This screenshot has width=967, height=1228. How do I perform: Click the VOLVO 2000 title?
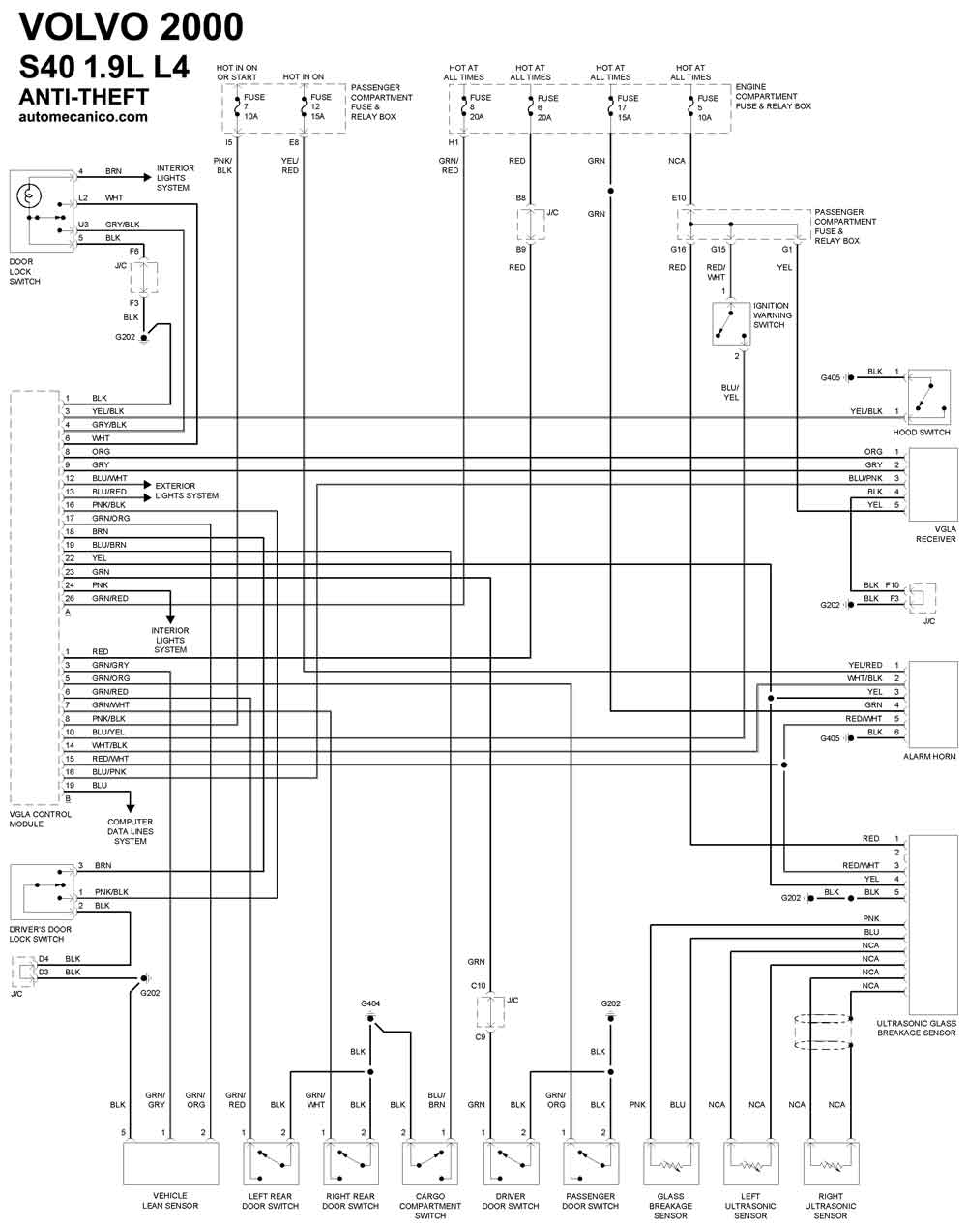pyautogui.click(x=132, y=27)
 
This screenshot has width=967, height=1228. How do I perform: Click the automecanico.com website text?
pyautogui.click(x=83, y=117)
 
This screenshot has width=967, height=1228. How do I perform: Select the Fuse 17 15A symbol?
pyautogui.click(x=610, y=107)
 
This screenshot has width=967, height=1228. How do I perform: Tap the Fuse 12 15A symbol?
pyautogui.click(x=304, y=106)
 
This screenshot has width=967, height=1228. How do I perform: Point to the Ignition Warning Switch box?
pyautogui.click(x=731, y=324)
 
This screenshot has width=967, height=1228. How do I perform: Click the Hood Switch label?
pyautogui.click(x=922, y=432)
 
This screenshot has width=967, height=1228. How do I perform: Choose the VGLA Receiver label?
pyautogui.click(x=936, y=533)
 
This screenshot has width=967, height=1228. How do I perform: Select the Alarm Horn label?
pyautogui.click(x=929, y=756)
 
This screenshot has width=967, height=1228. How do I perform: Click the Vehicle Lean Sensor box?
pyautogui.click(x=170, y=1163)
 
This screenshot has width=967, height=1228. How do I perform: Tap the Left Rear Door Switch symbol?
pyautogui.click(x=271, y=1163)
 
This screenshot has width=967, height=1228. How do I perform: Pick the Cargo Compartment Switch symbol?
pyautogui.click(x=430, y=1163)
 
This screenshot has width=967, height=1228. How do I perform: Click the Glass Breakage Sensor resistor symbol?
pyautogui.click(x=670, y=1165)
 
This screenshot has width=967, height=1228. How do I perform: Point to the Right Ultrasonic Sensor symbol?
pyautogui.click(x=831, y=1163)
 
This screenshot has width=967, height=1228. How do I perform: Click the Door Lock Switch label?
pyautogui.click(x=24, y=272)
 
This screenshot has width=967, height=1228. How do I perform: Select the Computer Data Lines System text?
pyautogui.click(x=130, y=831)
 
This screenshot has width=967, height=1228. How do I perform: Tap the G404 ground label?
pyautogui.click(x=370, y=1003)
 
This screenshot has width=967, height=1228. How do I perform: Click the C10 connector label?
pyautogui.click(x=478, y=985)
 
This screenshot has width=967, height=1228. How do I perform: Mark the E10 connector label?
pyautogui.click(x=679, y=198)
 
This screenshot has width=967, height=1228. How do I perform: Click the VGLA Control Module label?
pyautogui.click(x=40, y=819)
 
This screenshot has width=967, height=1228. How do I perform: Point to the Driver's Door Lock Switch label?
pyautogui.click(x=40, y=934)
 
